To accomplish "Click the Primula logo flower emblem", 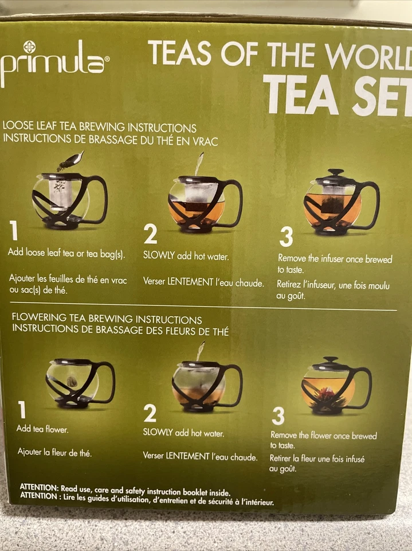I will click(x=29, y=47).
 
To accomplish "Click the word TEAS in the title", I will click(x=180, y=55).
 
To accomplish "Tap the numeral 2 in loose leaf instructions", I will click(x=150, y=234).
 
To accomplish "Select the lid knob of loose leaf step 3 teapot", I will click(x=336, y=172).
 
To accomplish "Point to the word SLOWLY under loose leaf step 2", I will click(x=159, y=256).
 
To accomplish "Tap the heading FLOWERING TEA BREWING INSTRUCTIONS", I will click(x=107, y=320).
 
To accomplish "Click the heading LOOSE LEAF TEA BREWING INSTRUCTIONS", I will click(x=100, y=127).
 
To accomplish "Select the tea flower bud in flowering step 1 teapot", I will click(x=72, y=381).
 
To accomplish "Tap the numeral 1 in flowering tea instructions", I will click(x=22, y=410).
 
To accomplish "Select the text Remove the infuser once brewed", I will click(x=335, y=259).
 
